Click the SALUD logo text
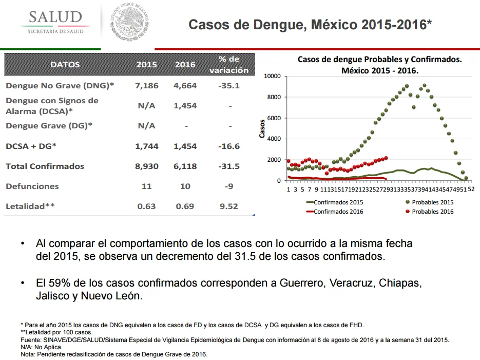click(x=55, y=17)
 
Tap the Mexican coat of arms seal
click(x=129, y=22)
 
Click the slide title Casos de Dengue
click(x=310, y=25)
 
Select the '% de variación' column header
click(x=229, y=65)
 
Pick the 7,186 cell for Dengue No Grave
click(x=147, y=86)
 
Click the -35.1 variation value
click(x=229, y=86)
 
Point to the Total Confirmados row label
click(x=45, y=166)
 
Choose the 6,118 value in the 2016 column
click(x=185, y=166)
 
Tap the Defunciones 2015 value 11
click(x=147, y=186)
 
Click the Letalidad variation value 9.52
click(x=228, y=206)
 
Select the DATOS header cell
click(x=65, y=65)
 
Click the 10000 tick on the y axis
click(x=272, y=76)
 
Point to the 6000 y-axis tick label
click(x=274, y=118)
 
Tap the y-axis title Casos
click(x=262, y=128)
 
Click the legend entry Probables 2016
click(x=430, y=212)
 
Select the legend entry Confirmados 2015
click(x=335, y=202)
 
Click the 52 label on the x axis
click(x=471, y=189)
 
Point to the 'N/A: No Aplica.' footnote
click(x=42, y=347)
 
